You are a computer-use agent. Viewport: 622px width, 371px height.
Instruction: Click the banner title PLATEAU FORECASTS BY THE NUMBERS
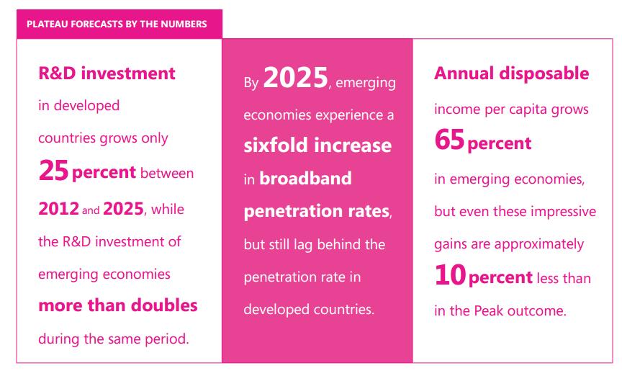tap(117, 24)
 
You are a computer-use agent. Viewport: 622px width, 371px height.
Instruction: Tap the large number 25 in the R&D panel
tap(53, 171)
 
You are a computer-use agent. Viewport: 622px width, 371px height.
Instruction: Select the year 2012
tap(59, 209)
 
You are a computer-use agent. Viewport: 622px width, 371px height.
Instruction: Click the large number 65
tap(449, 140)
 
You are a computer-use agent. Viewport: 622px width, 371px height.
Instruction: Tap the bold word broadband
tap(305, 178)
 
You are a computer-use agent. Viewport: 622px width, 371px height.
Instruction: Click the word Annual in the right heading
tap(464, 73)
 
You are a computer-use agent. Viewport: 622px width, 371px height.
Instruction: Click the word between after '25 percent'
tap(167, 173)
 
